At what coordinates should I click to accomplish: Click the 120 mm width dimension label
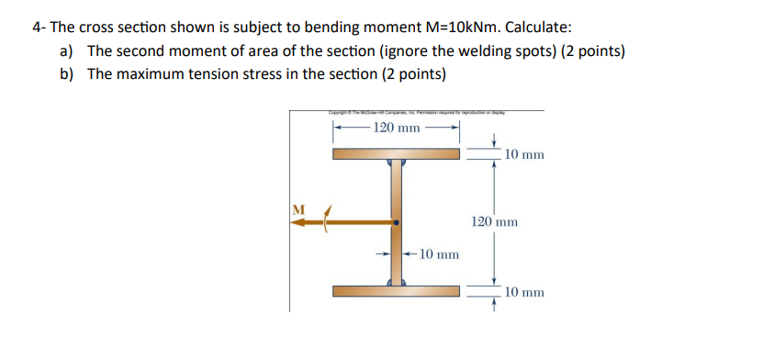[x=396, y=127]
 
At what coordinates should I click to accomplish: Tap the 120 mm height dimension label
[x=494, y=221]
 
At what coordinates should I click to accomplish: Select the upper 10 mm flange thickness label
[x=524, y=154]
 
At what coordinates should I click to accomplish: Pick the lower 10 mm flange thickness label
[x=524, y=292]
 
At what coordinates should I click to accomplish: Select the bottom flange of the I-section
[x=396, y=291]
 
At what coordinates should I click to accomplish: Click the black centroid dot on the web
[x=397, y=222]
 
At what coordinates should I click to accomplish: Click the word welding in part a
[x=495, y=51]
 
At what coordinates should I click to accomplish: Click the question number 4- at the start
[x=39, y=27]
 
